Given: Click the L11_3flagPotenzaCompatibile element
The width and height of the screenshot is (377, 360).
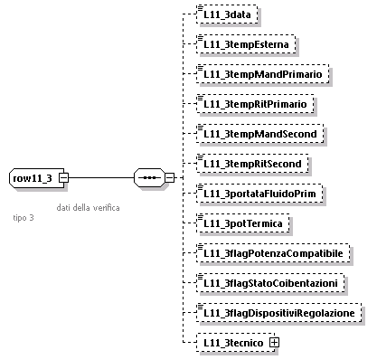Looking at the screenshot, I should point(271,253).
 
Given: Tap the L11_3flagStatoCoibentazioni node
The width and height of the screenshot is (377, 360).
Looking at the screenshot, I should point(274,283).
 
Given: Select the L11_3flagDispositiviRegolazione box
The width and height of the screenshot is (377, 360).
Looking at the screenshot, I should point(280,313).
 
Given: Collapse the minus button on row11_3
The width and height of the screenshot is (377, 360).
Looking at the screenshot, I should point(63,178).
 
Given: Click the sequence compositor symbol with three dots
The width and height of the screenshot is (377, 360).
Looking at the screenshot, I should point(147,178).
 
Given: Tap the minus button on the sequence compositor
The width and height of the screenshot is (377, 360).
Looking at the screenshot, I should point(169,178).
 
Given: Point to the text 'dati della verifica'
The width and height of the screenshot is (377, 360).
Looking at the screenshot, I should point(88,207).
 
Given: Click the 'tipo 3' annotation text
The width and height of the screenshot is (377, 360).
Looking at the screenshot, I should point(24,218).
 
